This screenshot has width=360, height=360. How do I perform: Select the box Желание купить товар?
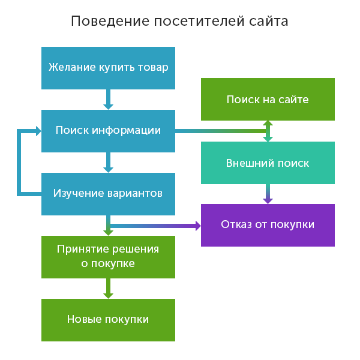[108, 68]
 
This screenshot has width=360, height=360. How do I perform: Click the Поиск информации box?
[108, 131]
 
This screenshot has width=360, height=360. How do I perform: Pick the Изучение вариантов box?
[108, 194]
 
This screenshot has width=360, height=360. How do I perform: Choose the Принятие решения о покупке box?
[108, 257]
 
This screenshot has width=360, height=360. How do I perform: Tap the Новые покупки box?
[108, 320]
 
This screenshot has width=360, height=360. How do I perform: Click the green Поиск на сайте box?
[268, 99]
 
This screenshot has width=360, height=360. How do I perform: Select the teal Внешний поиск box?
[268, 163]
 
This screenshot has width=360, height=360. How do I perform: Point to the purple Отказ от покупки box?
[268, 225]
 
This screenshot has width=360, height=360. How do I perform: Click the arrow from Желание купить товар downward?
[108, 100]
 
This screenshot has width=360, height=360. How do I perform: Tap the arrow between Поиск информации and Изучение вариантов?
[108, 163]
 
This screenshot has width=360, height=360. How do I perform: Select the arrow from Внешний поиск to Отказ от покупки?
[268, 194]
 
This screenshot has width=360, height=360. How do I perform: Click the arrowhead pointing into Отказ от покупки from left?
[196, 226]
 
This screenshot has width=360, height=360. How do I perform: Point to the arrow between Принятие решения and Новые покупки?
[108, 289]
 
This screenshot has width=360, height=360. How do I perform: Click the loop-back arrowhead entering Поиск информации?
[37, 131]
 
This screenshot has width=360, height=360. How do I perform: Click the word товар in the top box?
[153, 67]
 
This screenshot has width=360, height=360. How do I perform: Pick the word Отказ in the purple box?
[235, 225]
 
